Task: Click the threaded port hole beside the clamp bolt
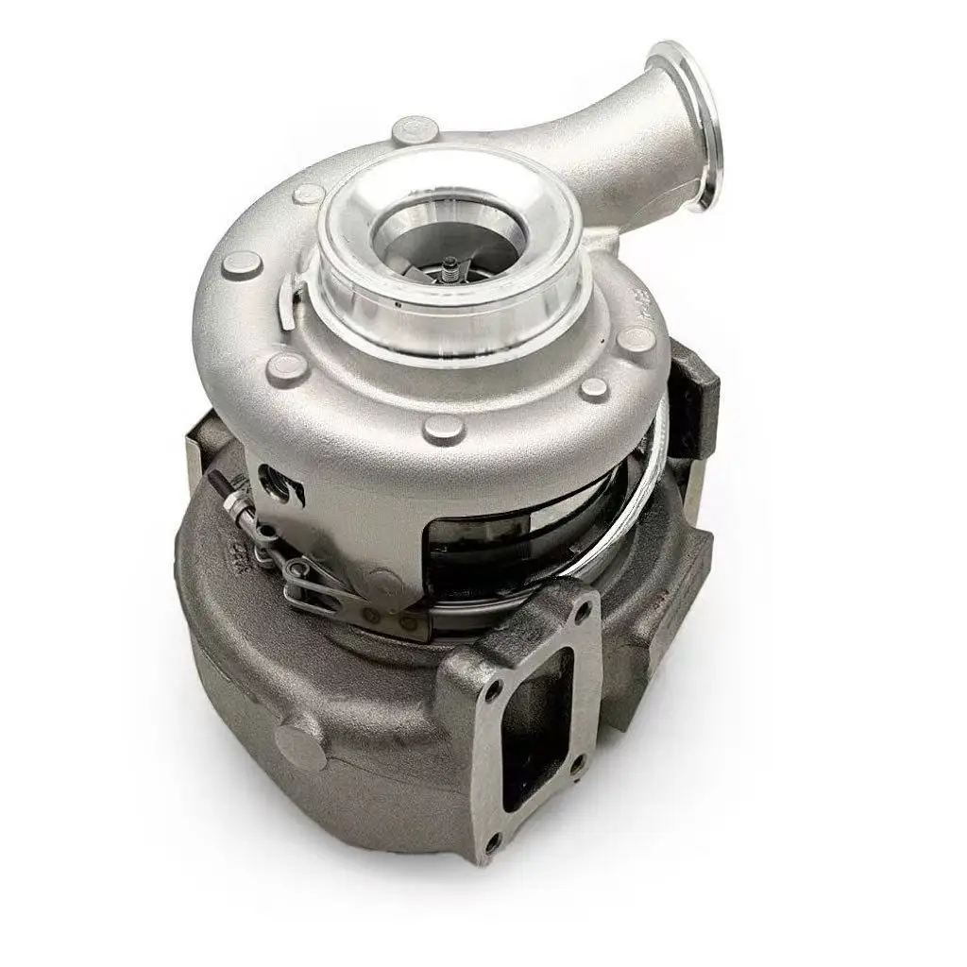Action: coord(279,483)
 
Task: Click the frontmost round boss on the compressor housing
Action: coord(444,427)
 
